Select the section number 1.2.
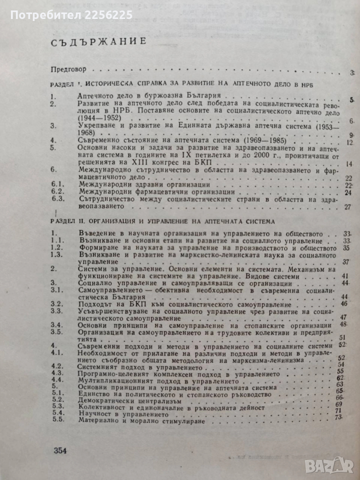click(58, 247)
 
